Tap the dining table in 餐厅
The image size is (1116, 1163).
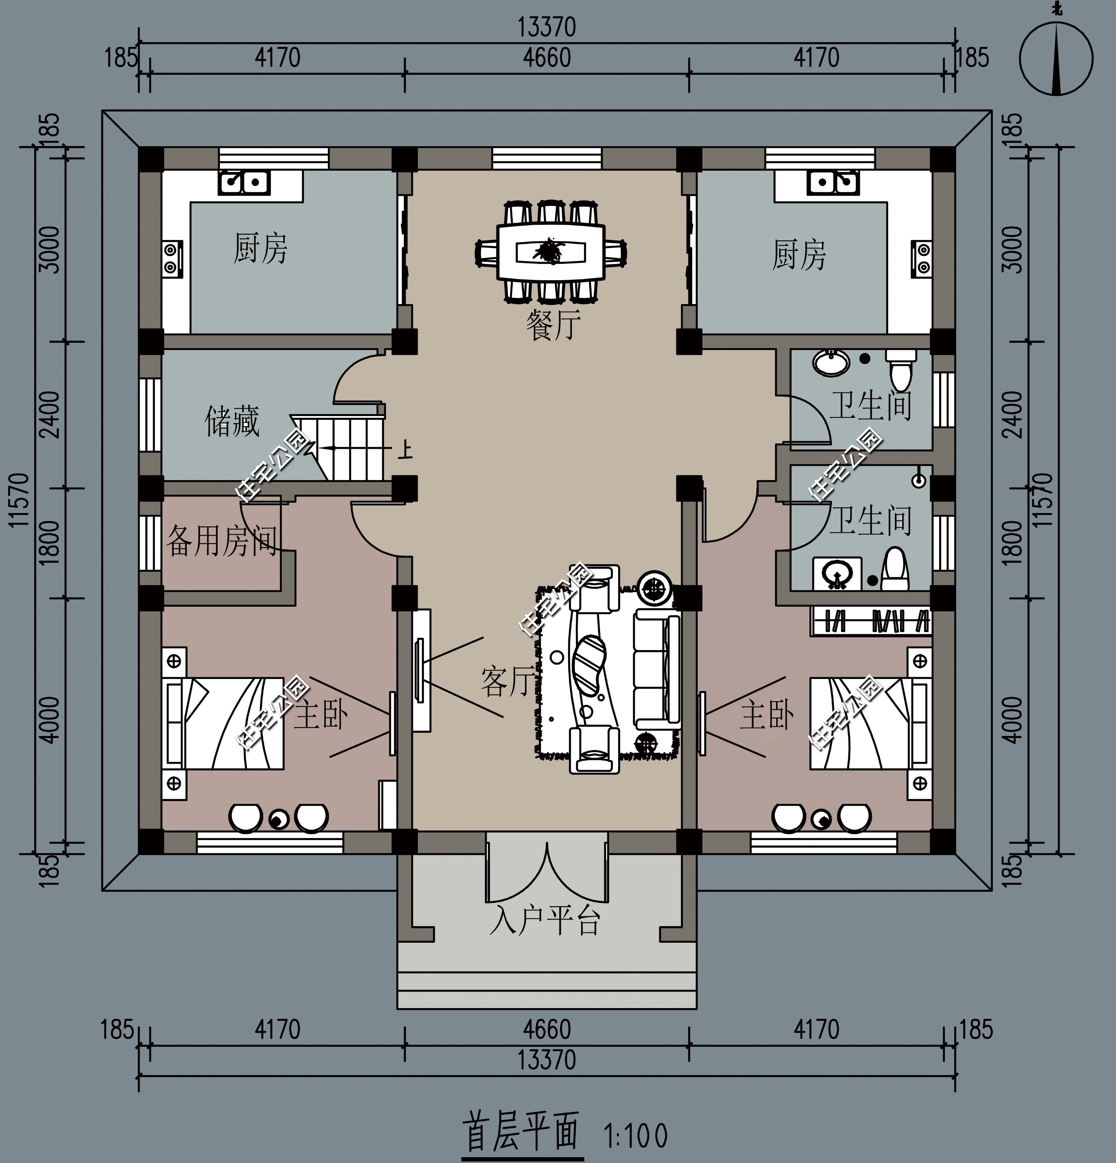click(551, 252)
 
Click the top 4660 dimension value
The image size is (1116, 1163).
click(546, 58)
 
